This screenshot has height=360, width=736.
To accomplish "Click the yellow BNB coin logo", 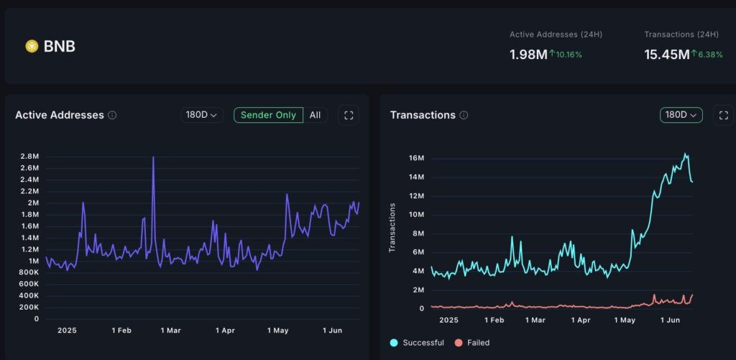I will [32, 46].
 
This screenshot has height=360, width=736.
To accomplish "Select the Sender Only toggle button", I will [268, 115].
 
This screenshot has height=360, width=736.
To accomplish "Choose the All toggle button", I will [316, 115].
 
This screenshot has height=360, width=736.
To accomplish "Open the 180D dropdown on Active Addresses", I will [202, 115].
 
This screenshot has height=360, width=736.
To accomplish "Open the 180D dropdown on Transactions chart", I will [681, 115].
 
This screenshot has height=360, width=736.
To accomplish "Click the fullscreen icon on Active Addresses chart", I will [349, 115].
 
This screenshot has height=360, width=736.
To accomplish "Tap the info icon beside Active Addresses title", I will [112, 115].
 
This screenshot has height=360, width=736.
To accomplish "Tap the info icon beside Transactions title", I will [464, 115].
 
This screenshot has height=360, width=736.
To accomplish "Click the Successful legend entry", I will [418, 343].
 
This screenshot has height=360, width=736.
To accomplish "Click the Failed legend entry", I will [472, 343].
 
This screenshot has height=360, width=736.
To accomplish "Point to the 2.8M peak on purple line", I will [153, 157].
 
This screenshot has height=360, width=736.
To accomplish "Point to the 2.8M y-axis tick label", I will [29, 157].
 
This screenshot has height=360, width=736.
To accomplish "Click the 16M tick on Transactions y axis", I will [415, 158].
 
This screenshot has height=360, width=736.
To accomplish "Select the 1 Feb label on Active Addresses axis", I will [121, 331].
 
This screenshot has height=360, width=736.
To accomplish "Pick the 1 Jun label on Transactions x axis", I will [670, 320].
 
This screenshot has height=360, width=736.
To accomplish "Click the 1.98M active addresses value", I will [528, 55].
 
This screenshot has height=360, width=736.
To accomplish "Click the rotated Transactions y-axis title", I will [392, 227].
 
